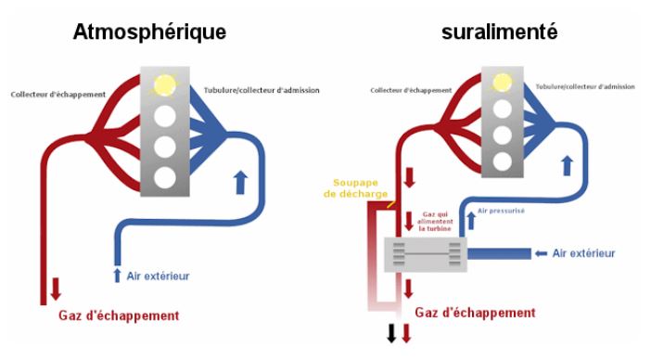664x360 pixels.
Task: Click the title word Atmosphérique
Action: pyautogui.click(x=151, y=31)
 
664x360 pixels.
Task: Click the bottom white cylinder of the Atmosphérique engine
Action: pyautogui.click(x=165, y=177)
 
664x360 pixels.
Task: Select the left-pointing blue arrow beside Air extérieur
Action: pyautogui.click(x=541, y=252)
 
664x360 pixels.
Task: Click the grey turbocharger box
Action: pyautogui.click(x=428, y=253)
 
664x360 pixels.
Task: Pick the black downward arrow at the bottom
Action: pyautogui.click(x=391, y=335)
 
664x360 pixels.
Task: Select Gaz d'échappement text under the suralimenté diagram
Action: pyautogui.click(x=476, y=313)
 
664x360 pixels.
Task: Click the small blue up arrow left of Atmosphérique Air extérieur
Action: pyautogui.click(x=117, y=275)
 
